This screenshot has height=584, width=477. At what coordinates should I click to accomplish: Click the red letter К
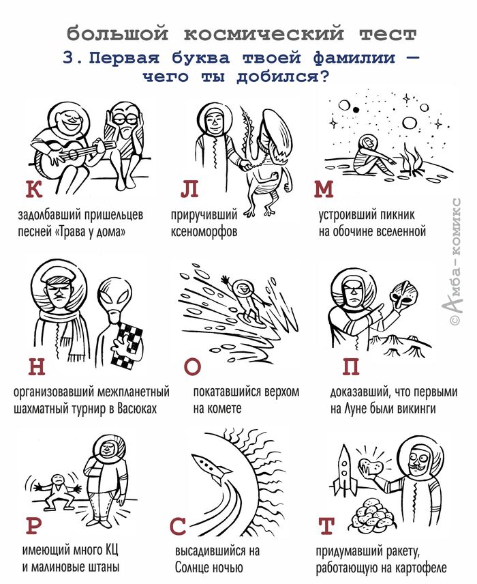(x=34, y=189)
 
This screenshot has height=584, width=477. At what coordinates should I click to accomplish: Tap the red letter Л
(x=189, y=189)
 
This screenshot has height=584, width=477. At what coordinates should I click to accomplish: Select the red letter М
(x=323, y=189)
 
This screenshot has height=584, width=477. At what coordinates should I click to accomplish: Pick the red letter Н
(x=37, y=366)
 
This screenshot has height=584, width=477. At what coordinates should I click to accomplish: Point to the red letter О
(x=192, y=366)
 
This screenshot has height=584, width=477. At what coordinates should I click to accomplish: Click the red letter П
(x=351, y=366)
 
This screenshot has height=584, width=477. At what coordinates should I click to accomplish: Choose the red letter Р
(x=34, y=526)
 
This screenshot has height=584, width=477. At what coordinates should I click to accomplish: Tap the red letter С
(x=178, y=526)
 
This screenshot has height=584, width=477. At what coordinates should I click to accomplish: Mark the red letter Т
(x=326, y=526)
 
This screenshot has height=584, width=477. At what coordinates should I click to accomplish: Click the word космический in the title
(x=264, y=33)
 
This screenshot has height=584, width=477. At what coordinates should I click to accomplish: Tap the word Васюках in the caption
(x=137, y=409)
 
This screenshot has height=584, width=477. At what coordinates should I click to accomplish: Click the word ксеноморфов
(x=204, y=232)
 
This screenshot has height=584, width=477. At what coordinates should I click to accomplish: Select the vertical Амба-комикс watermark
(x=455, y=261)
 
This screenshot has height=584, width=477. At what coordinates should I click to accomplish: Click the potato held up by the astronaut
(x=371, y=465)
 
